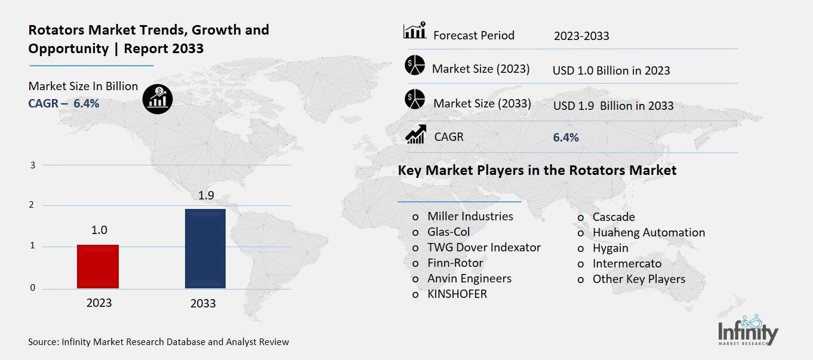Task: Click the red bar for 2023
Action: click(98, 266)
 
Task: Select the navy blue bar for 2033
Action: click(205, 248)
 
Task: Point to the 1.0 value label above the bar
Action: click(99, 230)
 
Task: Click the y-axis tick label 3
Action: click(33, 165)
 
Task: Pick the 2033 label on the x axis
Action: click(203, 303)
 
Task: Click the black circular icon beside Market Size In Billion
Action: click(158, 98)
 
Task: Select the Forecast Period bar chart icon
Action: click(414, 31)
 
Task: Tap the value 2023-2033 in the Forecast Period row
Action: click(581, 36)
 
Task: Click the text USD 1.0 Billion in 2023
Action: click(611, 70)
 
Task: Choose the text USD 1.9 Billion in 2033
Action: click(613, 106)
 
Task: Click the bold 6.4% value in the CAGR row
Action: click(566, 137)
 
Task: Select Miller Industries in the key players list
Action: click(470, 216)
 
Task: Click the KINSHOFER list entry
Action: click(457, 294)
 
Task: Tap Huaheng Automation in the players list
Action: click(648, 232)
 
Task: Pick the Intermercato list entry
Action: click(627, 263)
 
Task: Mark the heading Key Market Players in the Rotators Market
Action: click(537, 171)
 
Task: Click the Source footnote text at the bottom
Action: click(158, 342)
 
